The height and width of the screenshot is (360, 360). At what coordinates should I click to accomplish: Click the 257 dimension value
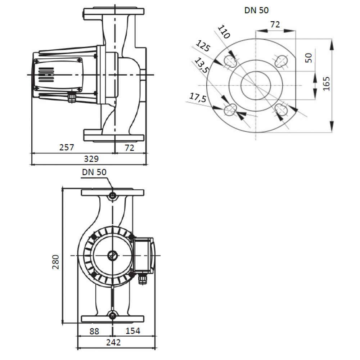pyautogui.click(x=67, y=147)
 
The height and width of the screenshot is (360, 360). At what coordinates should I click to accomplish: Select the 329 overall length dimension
pyautogui.click(x=91, y=159)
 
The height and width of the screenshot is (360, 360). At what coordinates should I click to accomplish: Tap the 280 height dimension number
pyautogui.click(x=55, y=262)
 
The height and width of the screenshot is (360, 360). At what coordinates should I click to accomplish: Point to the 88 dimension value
pyautogui.click(x=94, y=331)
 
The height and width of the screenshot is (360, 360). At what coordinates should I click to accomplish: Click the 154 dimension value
pyautogui.click(x=133, y=330)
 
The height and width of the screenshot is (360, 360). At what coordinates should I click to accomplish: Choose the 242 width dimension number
pyautogui.click(x=113, y=342)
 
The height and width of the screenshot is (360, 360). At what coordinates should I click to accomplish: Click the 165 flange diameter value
pyautogui.click(x=326, y=84)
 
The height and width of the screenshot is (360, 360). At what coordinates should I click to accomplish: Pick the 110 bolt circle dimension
pyautogui.click(x=224, y=32)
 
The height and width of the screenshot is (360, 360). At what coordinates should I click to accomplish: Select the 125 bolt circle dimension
pyautogui.click(x=203, y=46)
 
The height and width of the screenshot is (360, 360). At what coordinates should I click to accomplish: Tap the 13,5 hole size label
pyautogui.click(x=201, y=65)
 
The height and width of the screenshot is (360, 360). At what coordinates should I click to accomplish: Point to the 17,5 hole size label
pyautogui.click(x=198, y=97)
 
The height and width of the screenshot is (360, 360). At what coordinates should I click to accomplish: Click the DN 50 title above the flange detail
pyautogui.click(x=256, y=10)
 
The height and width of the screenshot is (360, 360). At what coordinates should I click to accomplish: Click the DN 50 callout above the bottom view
pyautogui.click(x=94, y=172)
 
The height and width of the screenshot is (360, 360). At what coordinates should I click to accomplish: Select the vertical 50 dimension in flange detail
pyautogui.click(x=309, y=58)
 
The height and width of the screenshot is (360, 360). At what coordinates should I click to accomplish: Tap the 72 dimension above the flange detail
pyautogui.click(x=275, y=24)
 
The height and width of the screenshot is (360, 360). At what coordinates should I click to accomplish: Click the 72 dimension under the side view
pyautogui.click(x=129, y=148)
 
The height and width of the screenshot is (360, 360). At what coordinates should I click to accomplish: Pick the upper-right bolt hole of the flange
pyautogui.click(x=281, y=61)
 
